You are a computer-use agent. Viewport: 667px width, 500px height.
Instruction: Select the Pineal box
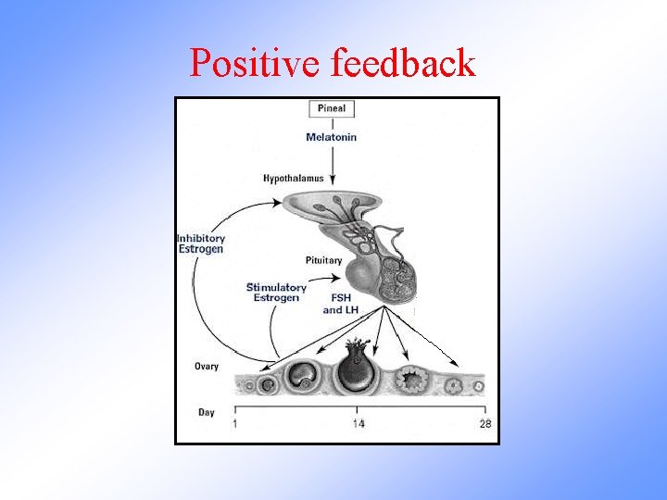(x=331, y=108)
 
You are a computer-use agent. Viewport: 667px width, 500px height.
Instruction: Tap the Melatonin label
(x=331, y=138)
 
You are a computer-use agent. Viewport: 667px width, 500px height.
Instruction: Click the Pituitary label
(x=323, y=260)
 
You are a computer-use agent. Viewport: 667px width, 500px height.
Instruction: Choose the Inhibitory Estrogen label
(x=201, y=244)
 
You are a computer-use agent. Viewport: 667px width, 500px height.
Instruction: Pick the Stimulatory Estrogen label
(x=276, y=293)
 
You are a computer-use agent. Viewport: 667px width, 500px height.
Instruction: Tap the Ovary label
(x=207, y=367)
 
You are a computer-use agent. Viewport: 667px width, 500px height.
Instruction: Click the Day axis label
(x=207, y=411)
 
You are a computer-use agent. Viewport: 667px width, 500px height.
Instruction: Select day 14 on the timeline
(x=358, y=424)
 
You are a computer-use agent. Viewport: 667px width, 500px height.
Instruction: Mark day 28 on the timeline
(x=485, y=424)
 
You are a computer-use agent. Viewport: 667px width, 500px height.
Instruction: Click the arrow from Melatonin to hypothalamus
(x=332, y=167)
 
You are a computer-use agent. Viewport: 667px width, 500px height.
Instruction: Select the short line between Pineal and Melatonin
(x=332, y=123)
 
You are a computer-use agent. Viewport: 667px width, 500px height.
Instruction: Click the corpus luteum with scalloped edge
(x=409, y=380)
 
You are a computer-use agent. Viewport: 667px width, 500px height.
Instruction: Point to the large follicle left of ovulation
(x=302, y=376)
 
